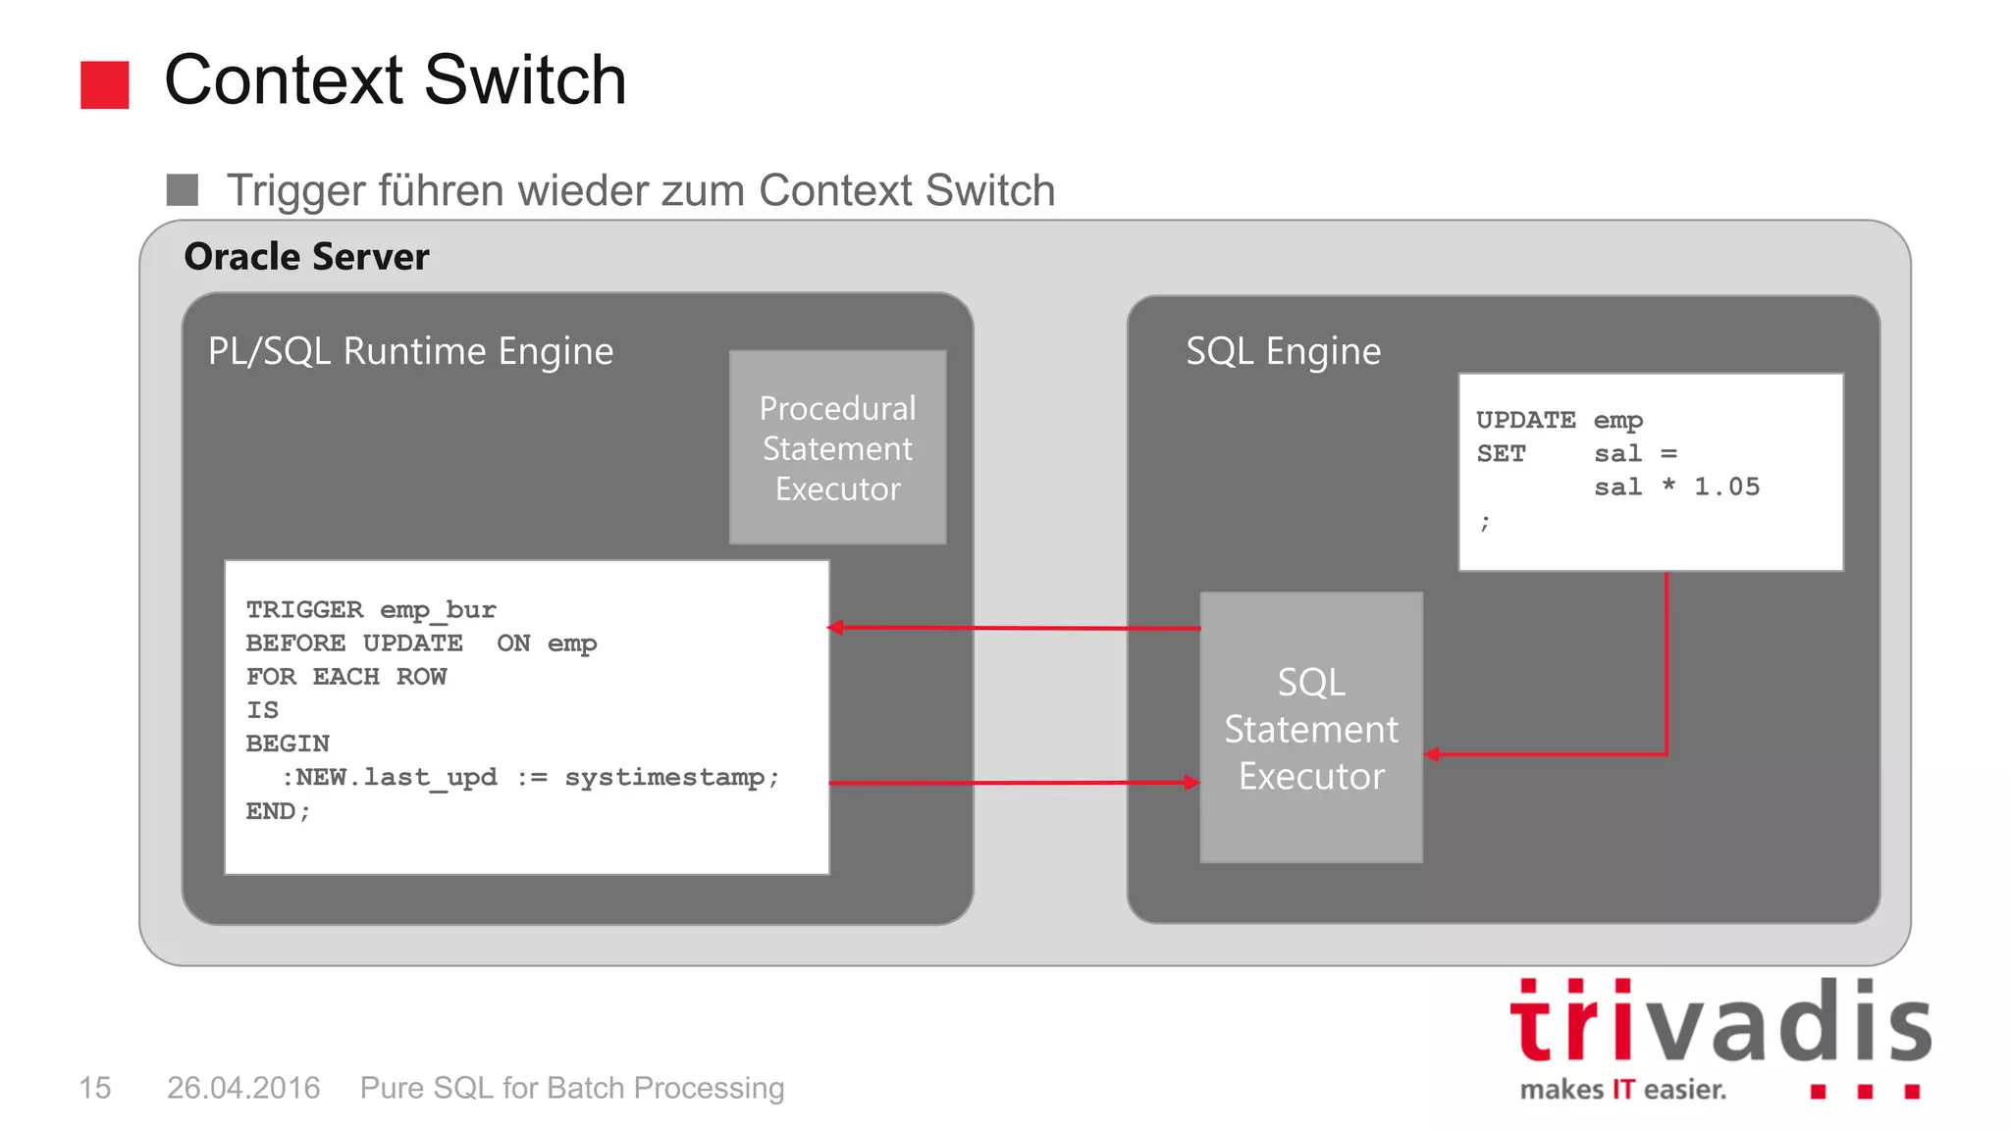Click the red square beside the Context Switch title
pos(104,84)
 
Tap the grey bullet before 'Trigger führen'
pos(183,189)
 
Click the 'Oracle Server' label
pos(306,257)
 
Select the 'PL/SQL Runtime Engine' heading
pos(410,351)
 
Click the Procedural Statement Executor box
pos(837,447)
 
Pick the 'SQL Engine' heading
pos(1283,351)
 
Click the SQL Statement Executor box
pos(1311,728)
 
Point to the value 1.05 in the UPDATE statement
pos(1726,488)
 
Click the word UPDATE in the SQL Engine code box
pos(1525,421)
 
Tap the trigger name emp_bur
pos(438,610)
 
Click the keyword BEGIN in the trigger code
pos(288,744)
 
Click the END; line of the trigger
pos(278,811)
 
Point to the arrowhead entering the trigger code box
pos(836,627)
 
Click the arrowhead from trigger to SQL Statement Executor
pos(1191,783)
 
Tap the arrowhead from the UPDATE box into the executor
pos(1432,754)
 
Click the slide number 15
pos(94,1088)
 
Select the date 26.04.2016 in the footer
pos(243,1088)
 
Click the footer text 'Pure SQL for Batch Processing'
pos(572,1088)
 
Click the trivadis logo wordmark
pos(1719,1022)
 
